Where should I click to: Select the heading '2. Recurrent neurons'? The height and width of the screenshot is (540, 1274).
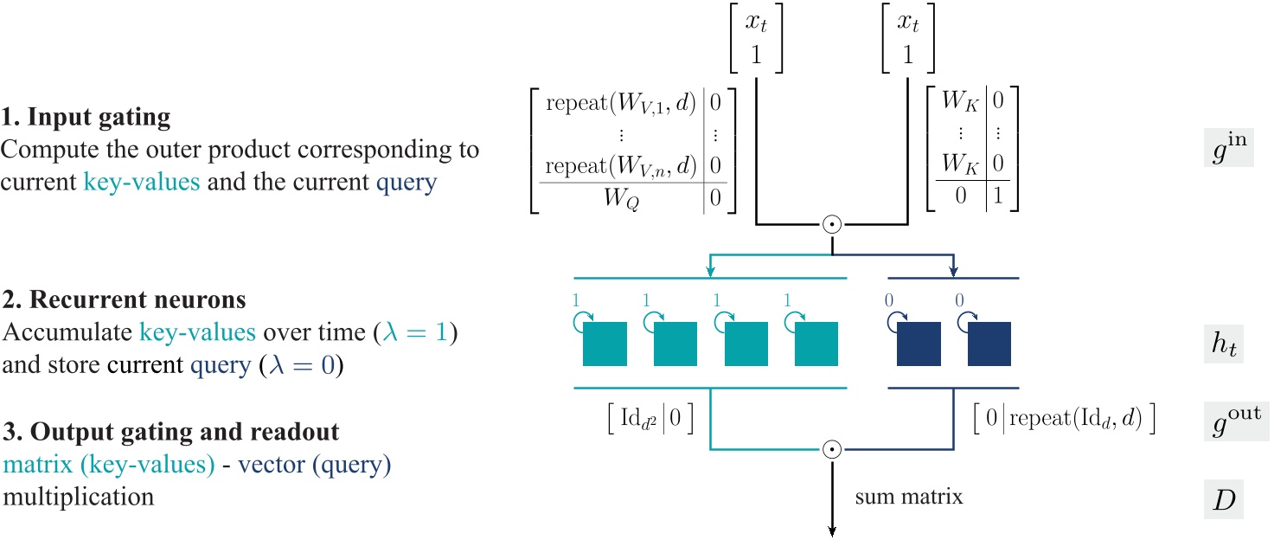[x=123, y=300]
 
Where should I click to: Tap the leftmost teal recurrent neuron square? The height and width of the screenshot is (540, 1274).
[x=605, y=344]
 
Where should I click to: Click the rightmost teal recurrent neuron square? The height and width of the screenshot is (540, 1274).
[x=816, y=344]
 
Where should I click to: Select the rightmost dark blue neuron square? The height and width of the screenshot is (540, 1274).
[x=989, y=344]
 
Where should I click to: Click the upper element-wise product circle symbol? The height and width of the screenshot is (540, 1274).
[x=831, y=224]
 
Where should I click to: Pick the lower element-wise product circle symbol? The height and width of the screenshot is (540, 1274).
[x=831, y=450]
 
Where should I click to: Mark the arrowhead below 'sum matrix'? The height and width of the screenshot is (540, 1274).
[x=831, y=530]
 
